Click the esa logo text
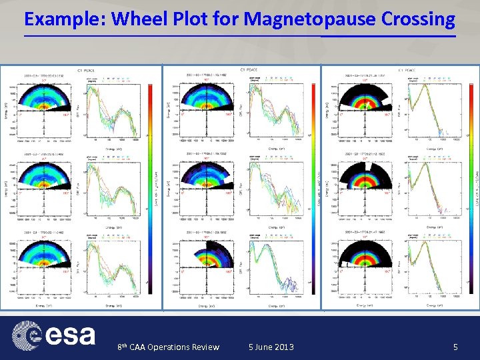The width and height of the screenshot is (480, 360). tap(70, 335)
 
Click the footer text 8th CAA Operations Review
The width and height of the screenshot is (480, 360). tap(168, 347)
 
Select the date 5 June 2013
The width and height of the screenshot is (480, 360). tap(271, 347)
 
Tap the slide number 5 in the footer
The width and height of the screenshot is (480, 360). tap(455, 347)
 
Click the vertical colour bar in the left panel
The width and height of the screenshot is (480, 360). tap(154, 187)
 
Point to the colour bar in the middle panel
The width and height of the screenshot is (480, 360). tap(314, 187)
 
